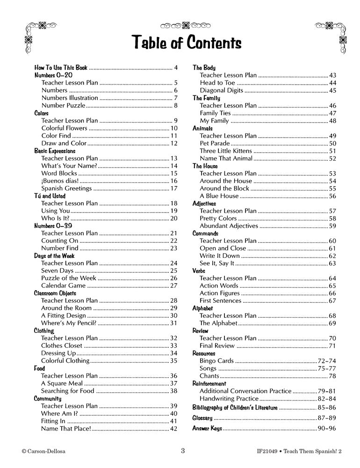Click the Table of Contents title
(x=180, y=43)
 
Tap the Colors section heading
(x=42, y=113)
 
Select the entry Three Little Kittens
(x=226, y=151)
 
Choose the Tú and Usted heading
(x=50, y=196)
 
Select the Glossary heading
(x=202, y=418)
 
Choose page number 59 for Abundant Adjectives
(x=332, y=226)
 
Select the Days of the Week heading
(x=54, y=256)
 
